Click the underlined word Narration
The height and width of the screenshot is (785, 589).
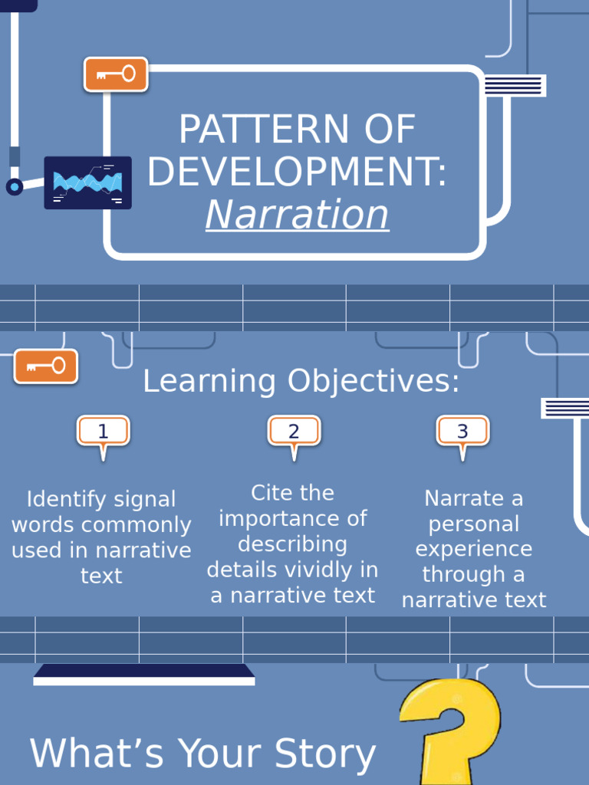[297, 215]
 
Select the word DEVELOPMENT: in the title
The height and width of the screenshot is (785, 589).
[297, 172]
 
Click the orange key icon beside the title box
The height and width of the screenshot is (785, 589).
[116, 74]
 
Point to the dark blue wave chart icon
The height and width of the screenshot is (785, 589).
[87, 182]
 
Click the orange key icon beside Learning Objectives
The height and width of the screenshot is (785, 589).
[46, 366]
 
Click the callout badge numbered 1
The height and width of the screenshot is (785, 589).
[104, 432]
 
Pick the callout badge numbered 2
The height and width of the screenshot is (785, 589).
[294, 432]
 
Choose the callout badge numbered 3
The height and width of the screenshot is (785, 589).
[462, 432]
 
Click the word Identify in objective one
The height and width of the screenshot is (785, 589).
[64, 499]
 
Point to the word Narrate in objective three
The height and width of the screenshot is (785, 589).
[462, 498]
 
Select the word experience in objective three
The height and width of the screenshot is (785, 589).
[473, 549]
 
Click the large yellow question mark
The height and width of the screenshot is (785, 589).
[450, 728]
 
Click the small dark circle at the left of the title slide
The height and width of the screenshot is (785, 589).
[15, 186]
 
